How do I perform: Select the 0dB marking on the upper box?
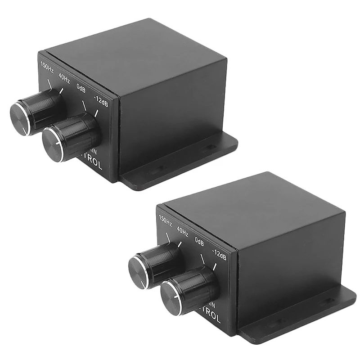tap(81, 89)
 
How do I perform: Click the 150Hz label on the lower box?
tap(165, 220)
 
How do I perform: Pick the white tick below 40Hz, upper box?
tap(61, 91)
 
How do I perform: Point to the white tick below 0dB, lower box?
tap(202, 260)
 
